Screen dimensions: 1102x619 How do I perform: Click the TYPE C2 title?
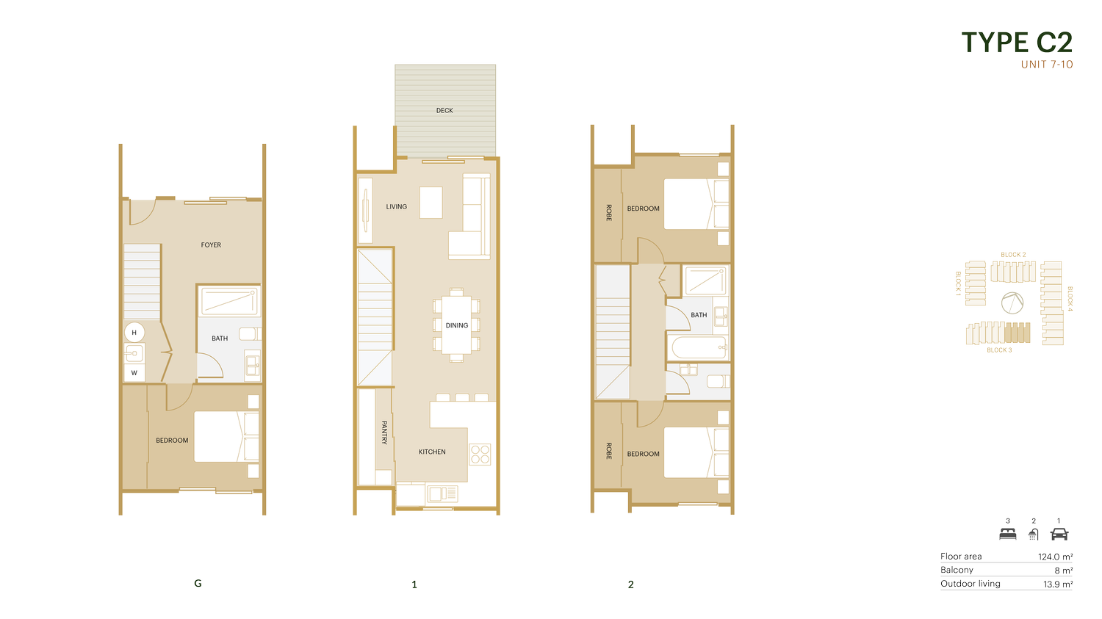coord(1017,43)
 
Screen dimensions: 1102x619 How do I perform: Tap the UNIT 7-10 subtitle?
coord(1047,65)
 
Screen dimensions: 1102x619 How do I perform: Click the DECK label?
coord(444,111)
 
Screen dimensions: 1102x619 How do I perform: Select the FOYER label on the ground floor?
coord(211,245)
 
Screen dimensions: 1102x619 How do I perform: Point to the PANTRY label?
coord(385,432)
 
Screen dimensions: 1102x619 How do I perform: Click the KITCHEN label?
coord(432,452)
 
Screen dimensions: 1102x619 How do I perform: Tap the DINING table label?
coord(456,325)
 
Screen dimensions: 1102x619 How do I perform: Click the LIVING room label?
coord(397,207)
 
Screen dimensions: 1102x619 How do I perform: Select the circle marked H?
coord(134,333)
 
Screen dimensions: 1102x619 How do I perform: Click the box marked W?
coord(134,373)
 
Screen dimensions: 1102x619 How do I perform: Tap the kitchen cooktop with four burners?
coord(480,455)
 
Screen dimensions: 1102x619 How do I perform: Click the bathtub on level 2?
coord(699,347)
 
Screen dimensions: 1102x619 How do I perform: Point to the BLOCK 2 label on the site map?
coord(1013,255)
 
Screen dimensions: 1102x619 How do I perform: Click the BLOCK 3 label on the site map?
coord(999,350)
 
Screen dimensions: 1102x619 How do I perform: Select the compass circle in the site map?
coord(1012,303)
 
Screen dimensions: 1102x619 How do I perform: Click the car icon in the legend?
coord(1059,535)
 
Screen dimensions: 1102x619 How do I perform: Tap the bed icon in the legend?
coord(1008,535)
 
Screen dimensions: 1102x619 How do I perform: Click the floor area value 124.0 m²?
coord(1055,557)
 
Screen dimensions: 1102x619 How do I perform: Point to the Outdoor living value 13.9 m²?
coord(1058,584)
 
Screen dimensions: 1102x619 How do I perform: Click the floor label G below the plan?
coord(198,584)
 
